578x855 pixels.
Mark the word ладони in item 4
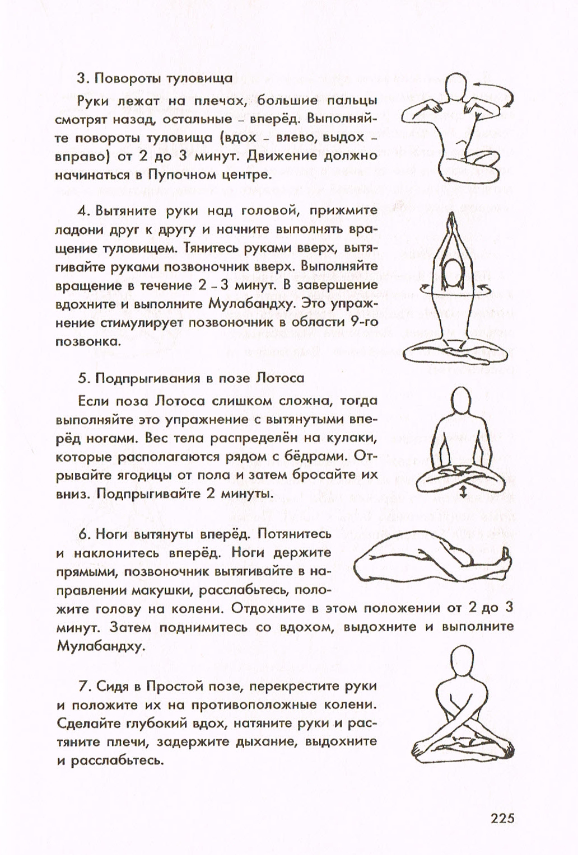(x=77, y=229)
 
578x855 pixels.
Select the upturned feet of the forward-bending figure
(x=506, y=556)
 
